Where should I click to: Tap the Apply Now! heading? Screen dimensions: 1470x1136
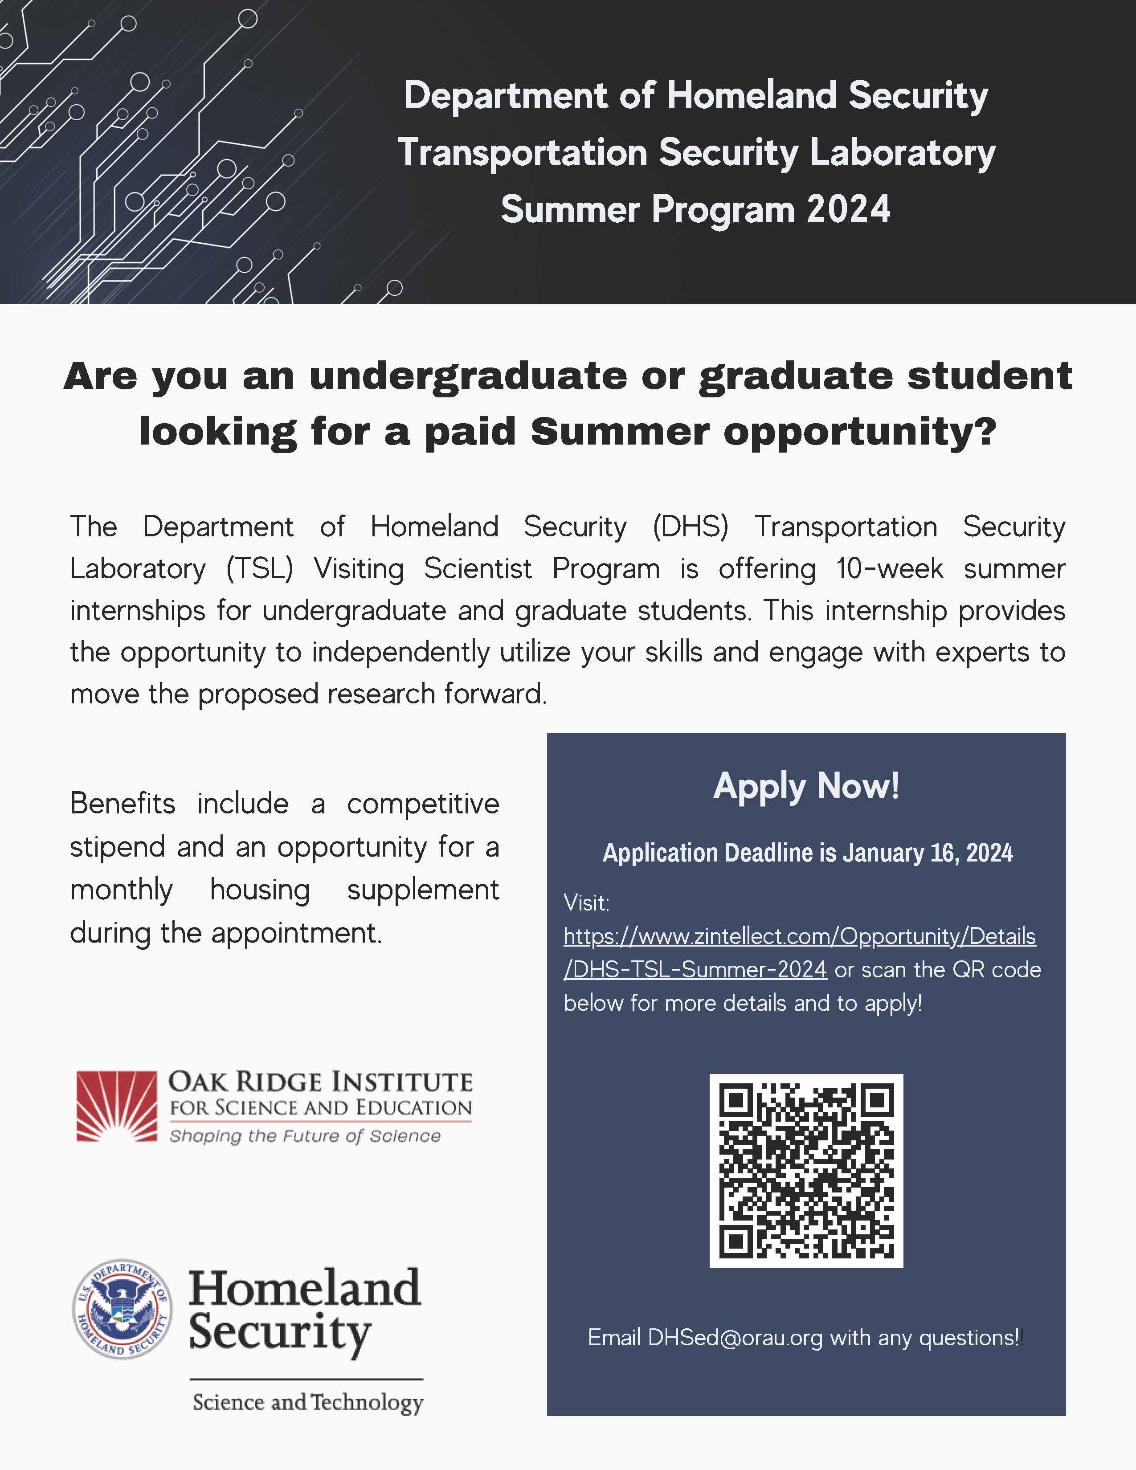tap(806, 785)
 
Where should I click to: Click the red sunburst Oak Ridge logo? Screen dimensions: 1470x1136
tap(116, 1107)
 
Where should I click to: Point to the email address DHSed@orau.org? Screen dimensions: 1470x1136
tap(735, 1337)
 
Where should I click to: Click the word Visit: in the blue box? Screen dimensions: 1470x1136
tap(586, 902)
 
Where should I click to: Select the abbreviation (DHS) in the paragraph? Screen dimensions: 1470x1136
tap(690, 527)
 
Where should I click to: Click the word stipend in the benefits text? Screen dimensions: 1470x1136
tap(117, 847)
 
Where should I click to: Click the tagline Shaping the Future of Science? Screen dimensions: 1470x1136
tap(305, 1136)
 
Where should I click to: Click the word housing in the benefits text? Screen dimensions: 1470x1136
tap(260, 890)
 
